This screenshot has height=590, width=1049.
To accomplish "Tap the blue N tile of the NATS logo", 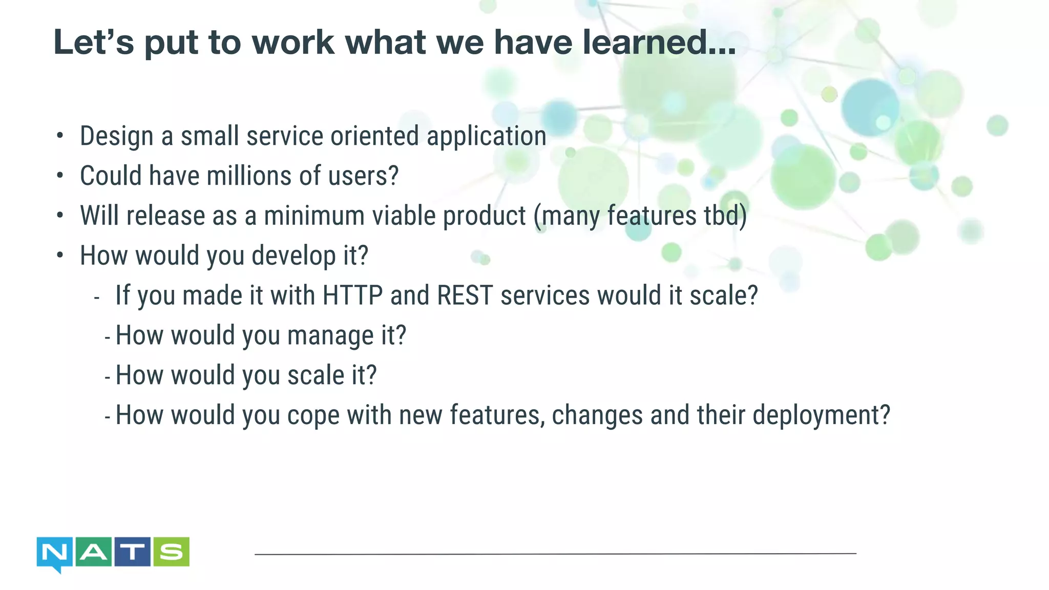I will [x=55, y=553].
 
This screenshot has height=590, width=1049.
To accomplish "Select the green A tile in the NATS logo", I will [x=93, y=552].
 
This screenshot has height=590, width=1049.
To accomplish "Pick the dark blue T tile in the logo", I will [x=132, y=552].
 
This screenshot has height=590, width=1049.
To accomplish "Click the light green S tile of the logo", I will [x=171, y=552].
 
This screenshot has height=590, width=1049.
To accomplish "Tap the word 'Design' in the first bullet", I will [x=117, y=137].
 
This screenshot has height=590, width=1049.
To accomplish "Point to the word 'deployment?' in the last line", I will [x=821, y=415].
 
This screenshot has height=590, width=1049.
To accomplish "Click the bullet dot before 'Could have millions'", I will [x=60, y=176].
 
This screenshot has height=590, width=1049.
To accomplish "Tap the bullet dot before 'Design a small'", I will [x=60, y=136].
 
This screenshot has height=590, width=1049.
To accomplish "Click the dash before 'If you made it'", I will [x=97, y=298].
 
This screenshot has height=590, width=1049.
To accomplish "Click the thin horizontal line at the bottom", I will [x=555, y=554].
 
